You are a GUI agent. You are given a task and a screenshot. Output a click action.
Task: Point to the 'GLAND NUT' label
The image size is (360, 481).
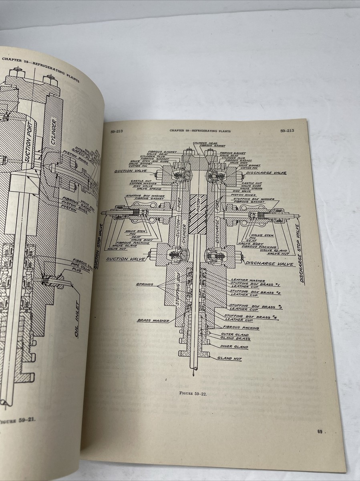(x=229, y=358)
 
